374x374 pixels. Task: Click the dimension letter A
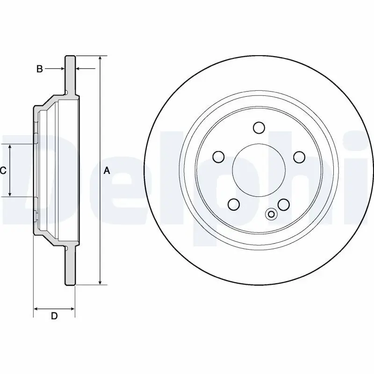(x=107, y=171)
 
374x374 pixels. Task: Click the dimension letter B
(x=40, y=69)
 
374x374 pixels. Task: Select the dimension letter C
(x=3, y=171)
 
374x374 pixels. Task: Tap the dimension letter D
(x=54, y=316)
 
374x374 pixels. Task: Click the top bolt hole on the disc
(x=259, y=128)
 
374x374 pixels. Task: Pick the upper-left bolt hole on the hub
(x=218, y=157)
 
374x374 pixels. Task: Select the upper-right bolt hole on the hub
(x=299, y=157)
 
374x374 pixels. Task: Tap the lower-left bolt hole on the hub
(x=233, y=204)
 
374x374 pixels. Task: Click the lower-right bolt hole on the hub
(x=284, y=204)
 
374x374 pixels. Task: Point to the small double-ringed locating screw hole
(x=271, y=214)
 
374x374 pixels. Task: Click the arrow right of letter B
(x=79, y=69)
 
